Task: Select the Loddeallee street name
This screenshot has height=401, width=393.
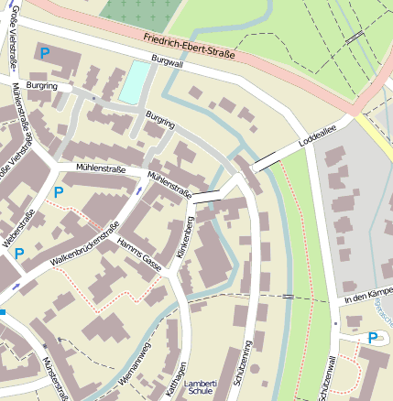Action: coord(317,140)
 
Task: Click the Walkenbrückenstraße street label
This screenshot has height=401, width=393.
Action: coord(85,248)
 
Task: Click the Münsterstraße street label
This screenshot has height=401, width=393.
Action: coord(57,376)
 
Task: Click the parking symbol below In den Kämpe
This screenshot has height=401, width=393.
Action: coord(373,338)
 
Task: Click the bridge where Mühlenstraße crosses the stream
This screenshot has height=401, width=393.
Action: coord(206,195)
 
